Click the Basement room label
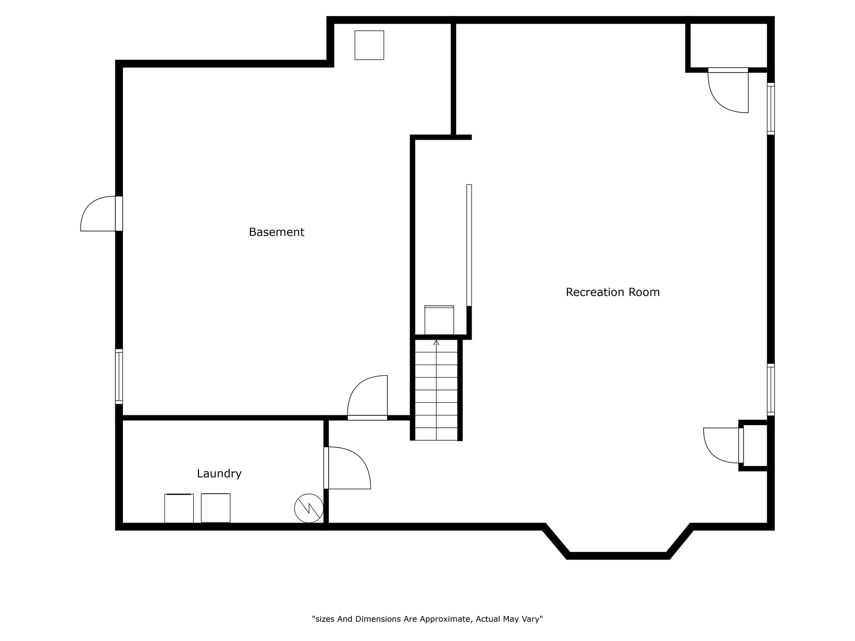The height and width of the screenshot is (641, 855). click(x=276, y=232)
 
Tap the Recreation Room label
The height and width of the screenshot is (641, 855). click(x=613, y=292)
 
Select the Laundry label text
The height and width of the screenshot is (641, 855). click(x=219, y=474)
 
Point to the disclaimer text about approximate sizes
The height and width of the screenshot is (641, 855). click(x=427, y=619)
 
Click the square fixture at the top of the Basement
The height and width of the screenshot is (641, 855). click(x=369, y=45)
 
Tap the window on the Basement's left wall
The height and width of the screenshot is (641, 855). click(x=119, y=377)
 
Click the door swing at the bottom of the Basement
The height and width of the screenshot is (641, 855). click(x=367, y=398)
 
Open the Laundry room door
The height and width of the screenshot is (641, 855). click(x=347, y=468)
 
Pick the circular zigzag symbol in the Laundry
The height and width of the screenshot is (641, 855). click(x=309, y=508)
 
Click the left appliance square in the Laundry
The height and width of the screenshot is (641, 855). click(x=179, y=508)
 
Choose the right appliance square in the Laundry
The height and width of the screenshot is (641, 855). click(x=216, y=508)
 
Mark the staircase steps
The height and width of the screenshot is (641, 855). click(x=436, y=390)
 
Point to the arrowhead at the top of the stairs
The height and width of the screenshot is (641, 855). click(x=436, y=342)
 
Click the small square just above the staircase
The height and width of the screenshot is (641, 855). click(x=439, y=320)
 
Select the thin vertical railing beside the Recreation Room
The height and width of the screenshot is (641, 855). click(x=469, y=245)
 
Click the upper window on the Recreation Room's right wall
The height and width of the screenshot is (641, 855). click(x=771, y=109)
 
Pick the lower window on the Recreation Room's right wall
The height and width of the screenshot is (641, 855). click(x=771, y=390)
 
